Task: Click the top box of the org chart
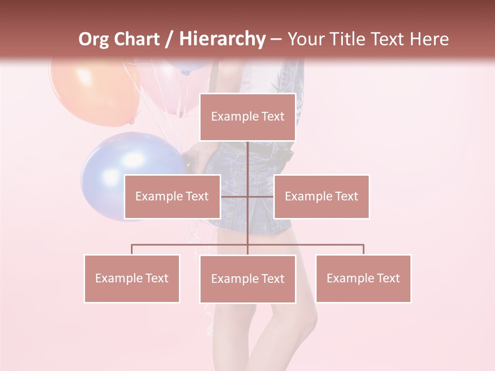point(247,117)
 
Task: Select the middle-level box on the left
point(172,196)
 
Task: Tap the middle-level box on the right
point(321,196)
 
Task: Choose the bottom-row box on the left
point(131,278)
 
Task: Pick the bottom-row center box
point(247,279)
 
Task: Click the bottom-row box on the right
point(363,278)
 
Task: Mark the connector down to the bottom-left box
point(131,249)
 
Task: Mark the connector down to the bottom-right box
point(364,249)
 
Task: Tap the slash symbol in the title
point(169,40)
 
